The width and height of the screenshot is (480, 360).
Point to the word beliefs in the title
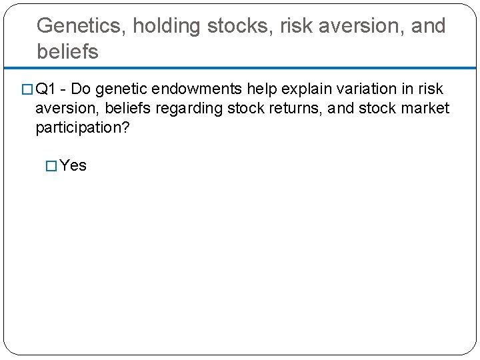(x=68, y=51)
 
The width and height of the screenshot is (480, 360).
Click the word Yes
(x=73, y=165)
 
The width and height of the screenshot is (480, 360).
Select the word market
(x=427, y=108)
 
